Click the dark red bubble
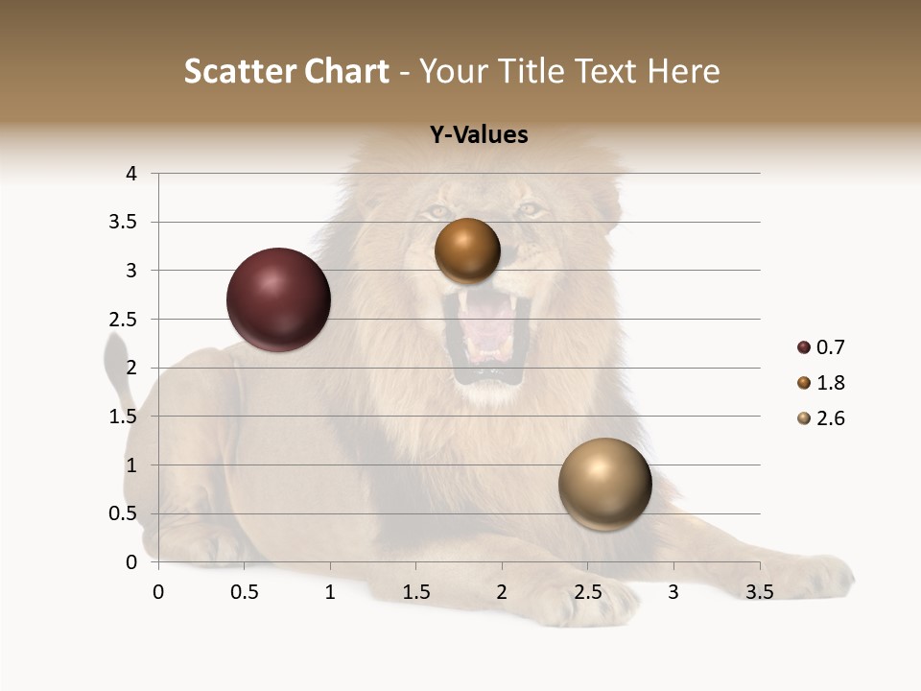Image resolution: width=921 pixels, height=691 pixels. pyautogui.click(x=278, y=299)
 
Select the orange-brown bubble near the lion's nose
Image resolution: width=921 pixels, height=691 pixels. pyautogui.click(x=467, y=250)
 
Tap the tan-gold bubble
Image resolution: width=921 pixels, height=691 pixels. pyautogui.click(x=604, y=484)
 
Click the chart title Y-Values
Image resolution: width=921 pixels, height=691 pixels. pyautogui.click(x=479, y=135)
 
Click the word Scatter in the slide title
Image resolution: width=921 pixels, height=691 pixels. pyautogui.click(x=239, y=71)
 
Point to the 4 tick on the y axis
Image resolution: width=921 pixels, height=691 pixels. pyautogui.click(x=132, y=174)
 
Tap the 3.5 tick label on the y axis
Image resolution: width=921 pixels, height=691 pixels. pyautogui.click(x=126, y=222)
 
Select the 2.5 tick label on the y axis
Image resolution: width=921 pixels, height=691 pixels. pyautogui.click(x=126, y=320)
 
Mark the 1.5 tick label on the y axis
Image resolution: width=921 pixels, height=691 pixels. pyautogui.click(x=126, y=417)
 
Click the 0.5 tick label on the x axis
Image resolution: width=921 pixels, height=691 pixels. pyautogui.click(x=245, y=592)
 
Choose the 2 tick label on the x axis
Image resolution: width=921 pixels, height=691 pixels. pyautogui.click(x=502, y=592)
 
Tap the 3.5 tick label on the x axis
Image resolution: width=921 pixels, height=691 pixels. pyautogui.click(x=759, y=592)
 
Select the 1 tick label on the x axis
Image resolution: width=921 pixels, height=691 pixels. pyautogui.click(x=330, y=592)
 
